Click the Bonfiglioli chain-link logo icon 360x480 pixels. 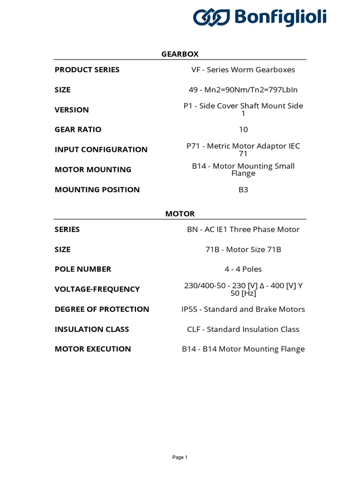[211, 18]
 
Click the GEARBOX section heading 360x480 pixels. [180, 54]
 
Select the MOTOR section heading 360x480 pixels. [180, 214]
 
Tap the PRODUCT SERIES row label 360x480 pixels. [87, 70]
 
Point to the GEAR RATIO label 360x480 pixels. [78, 129]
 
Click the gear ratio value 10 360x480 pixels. [243, 129]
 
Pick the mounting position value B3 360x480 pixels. [243, 190]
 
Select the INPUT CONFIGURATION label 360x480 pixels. [101, 150]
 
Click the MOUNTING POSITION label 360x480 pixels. [97, 190]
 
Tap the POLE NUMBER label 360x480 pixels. [83, 269]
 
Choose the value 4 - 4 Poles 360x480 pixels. [243, 269]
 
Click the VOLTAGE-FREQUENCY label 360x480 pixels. [97, 289]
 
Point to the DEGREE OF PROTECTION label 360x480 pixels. [102, 309]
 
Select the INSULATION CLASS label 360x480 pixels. [92, 330]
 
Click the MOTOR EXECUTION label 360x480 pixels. [93, 349]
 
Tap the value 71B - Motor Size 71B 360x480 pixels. [243, 249]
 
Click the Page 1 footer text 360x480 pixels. [180, 457]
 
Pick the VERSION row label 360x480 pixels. [72, 110]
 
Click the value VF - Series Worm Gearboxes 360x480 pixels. [243, 70]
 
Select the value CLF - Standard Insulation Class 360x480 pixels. [243, 330]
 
